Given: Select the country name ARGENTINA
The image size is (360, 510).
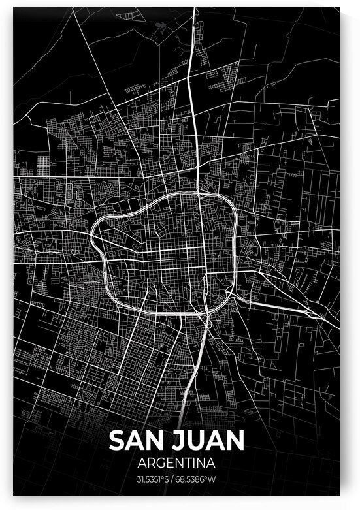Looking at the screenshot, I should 176,464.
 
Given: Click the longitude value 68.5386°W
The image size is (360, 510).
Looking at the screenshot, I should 201,480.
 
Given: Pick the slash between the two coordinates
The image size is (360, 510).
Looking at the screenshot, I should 177,480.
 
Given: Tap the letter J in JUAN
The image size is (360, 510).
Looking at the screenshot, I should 177,440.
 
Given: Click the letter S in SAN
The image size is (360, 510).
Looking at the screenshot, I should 116,440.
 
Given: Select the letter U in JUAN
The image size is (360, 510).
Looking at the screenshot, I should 196,440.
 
